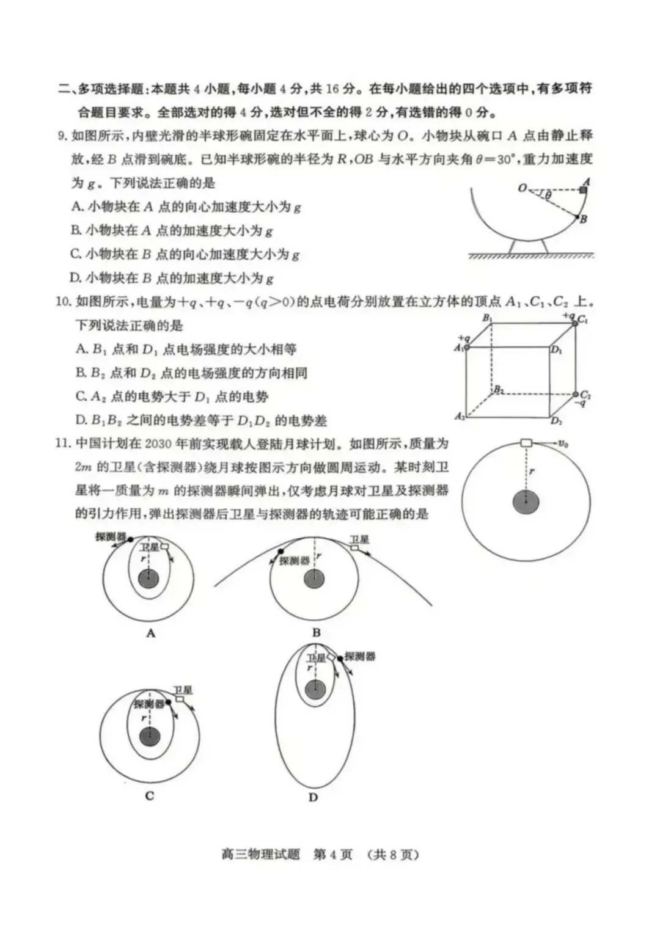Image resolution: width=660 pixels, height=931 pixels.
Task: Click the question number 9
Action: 62,136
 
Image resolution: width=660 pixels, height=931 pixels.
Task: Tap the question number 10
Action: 64,301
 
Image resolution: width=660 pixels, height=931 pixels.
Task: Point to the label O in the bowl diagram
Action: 522,188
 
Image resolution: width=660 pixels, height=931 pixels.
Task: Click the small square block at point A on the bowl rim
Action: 584,190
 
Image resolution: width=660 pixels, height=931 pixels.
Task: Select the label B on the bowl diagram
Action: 584,219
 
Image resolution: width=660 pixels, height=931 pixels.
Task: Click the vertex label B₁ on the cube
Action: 487,318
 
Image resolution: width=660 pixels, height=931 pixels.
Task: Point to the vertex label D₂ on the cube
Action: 556,420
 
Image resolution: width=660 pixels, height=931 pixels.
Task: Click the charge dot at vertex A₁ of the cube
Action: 467,347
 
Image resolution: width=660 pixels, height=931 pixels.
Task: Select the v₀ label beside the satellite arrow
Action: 562,444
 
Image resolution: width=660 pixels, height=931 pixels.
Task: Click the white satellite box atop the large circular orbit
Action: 526,442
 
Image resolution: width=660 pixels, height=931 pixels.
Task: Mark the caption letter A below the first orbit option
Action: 150,633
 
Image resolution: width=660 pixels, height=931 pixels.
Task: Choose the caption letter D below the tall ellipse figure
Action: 313,797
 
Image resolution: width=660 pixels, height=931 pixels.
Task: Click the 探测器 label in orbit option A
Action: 111,536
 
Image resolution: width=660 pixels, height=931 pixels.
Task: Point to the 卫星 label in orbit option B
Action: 359,539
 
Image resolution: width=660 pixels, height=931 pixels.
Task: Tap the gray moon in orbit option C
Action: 149,737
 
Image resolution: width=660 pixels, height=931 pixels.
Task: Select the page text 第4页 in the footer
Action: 333,854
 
